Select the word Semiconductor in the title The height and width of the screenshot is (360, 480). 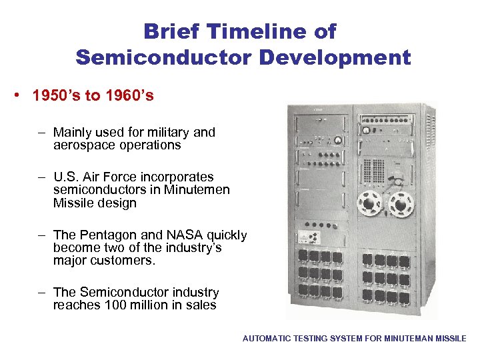[x=163, y=57]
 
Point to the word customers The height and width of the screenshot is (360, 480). [x=123, y=260]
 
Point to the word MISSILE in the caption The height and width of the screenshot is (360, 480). [x=450, y=339]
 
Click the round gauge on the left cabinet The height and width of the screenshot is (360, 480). [x=337, y=140]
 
